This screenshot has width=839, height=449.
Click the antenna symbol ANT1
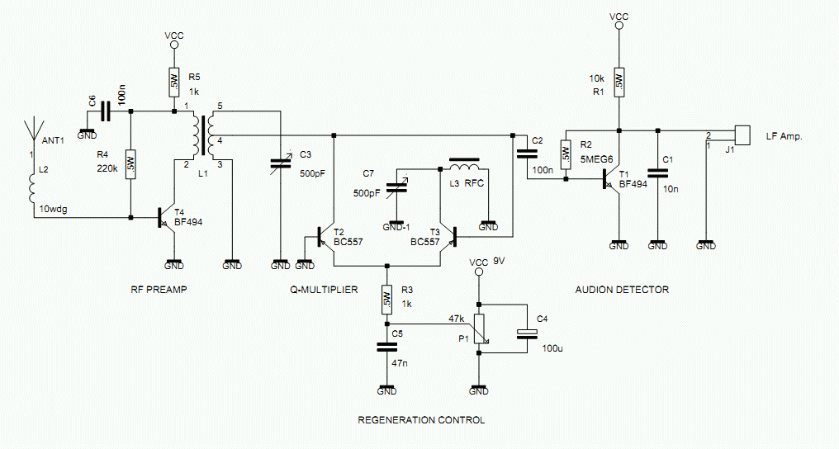click(x=33, y=134)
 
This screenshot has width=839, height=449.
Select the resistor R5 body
click(x=174, y=82)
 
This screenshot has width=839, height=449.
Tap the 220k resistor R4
click(x=130, y=164)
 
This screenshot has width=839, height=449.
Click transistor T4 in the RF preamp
click(x=167, y=218)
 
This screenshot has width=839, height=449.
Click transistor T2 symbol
click(x=325, y=236)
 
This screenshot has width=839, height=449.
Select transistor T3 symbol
click(x=448, y=236)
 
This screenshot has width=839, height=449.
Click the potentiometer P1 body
click(x=480, y=328)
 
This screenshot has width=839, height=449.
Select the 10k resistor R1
click(x=619, y=82)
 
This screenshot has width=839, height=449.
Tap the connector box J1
click(x=742, y=135)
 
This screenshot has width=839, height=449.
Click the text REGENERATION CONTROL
click(x=421, y=420)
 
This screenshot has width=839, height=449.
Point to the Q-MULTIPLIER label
click(x=324, y=290)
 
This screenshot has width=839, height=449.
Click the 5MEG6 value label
click(x=596, y=158)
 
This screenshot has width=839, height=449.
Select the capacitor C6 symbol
click(x=106, y=111)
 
